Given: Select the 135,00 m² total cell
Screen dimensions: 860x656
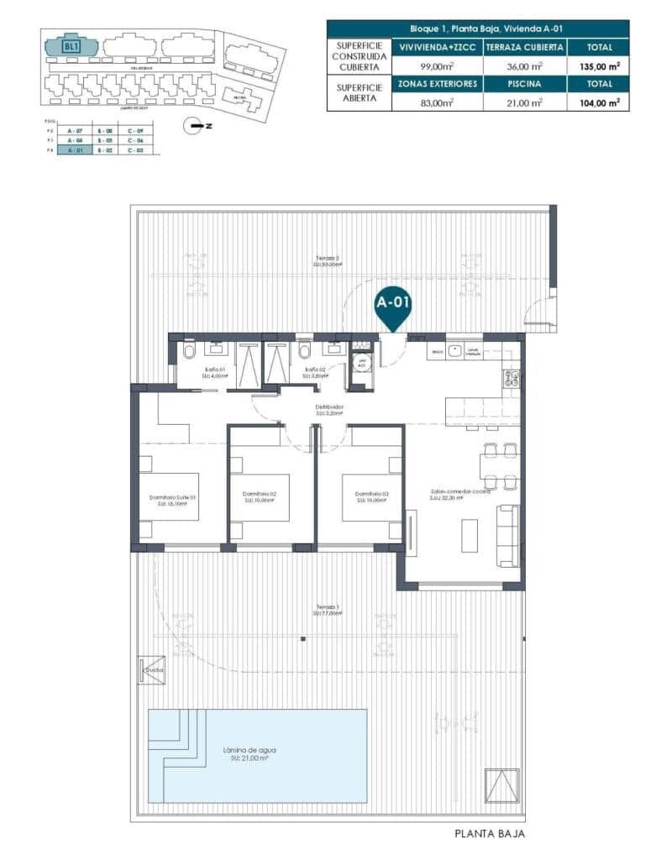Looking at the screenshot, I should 598,66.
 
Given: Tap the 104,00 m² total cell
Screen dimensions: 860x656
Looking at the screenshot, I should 598,102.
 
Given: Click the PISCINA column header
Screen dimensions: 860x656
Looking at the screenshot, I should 525,84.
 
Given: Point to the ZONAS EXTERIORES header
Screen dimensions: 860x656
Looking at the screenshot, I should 438,84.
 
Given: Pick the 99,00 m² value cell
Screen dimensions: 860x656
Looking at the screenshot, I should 438,66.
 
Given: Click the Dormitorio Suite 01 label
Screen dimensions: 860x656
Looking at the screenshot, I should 173,496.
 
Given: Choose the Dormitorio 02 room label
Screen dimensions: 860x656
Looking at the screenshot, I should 260,495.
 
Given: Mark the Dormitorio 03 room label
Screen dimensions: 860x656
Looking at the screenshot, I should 371,495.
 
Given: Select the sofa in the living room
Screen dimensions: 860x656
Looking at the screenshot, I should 507,535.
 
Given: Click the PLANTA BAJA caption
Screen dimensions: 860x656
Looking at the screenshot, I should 490,834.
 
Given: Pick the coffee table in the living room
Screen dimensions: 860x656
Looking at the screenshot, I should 470,535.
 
